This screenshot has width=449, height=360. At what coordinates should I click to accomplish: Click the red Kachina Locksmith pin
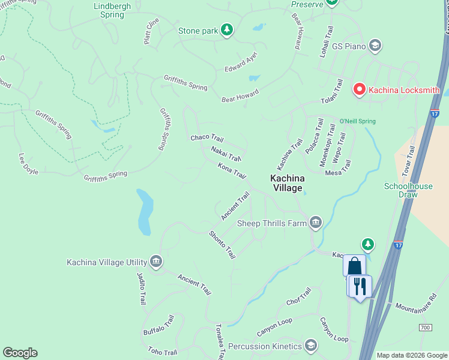(x=360, y=90)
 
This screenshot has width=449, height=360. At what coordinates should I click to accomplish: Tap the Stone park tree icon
(x=226, y=30)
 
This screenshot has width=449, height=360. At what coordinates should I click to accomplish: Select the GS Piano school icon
(x=375, y=46)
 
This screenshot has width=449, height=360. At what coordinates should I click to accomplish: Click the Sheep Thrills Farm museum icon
(x=316, y=223)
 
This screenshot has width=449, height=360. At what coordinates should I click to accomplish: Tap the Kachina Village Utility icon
(x=156, y=262)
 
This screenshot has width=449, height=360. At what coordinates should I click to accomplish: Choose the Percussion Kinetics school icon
(x=311, y=346)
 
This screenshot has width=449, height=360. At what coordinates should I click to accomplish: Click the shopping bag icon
(x=354, y=265)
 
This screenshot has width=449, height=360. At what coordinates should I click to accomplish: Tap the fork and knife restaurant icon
(x=360, y=286)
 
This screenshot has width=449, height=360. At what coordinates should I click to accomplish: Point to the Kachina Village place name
(x=288, y=183)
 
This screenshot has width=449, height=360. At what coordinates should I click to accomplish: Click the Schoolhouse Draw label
(x=408, y=190)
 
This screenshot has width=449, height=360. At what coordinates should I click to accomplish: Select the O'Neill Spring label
(x=358, y=121)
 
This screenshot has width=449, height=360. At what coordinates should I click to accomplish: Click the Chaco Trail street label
(x=207, y=138)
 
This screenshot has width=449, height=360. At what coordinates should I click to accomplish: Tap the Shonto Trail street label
(x=222, y=245)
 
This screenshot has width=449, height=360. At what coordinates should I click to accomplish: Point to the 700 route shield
(x=425, y=328)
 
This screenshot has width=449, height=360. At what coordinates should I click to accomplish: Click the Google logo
(x=20, y=353)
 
